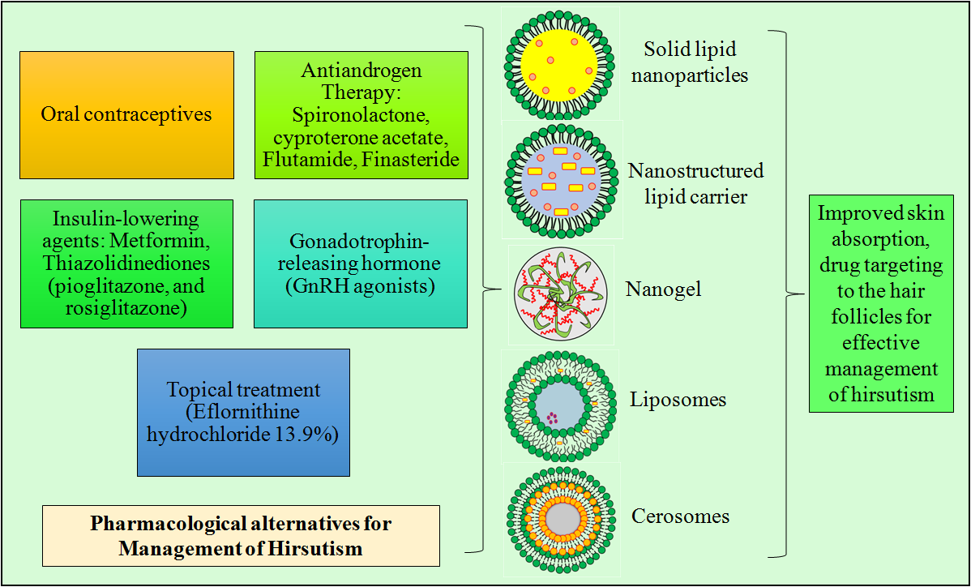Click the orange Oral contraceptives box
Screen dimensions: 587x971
point(126,114)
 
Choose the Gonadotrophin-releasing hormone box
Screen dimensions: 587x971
point(360,264)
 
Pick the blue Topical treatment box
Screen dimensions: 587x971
point(243,412)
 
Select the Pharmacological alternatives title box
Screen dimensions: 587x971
point(241,535)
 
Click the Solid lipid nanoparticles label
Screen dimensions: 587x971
point(695,62)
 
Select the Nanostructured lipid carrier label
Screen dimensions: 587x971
point(695,183)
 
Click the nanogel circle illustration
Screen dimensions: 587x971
point(560,294)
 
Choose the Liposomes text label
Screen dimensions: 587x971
point(678,400)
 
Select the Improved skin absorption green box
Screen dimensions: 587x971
point(880,303)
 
